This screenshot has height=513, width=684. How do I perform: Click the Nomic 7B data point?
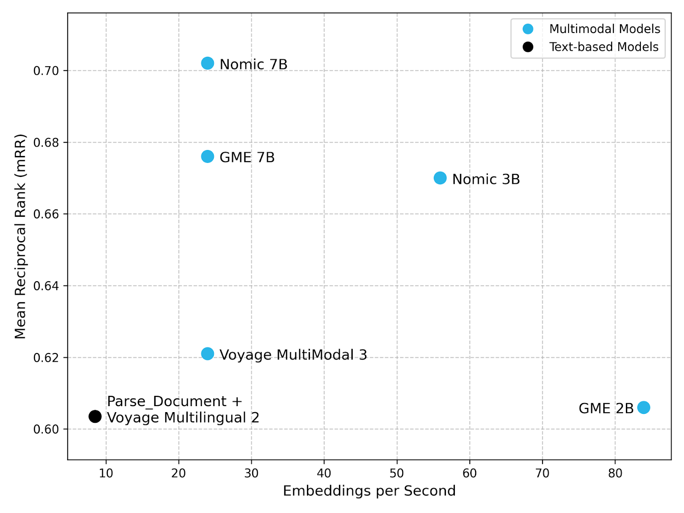(207, 63)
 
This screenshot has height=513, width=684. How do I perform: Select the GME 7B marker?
(207, 156)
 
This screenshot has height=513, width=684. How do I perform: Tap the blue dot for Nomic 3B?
(440, 178)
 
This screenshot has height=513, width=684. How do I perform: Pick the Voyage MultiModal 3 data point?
(207, 354)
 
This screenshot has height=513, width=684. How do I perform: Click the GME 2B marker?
(643, 407)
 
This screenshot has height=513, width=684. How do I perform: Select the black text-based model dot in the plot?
(95, 416)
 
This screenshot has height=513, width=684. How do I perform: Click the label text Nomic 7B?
(253, 65)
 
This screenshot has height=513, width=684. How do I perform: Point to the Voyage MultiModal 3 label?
(293, 355)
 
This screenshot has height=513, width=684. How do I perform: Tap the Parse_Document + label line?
(174, 401)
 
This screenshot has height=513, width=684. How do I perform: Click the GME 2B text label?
(606, 409)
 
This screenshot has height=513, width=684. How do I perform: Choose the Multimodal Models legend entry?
(604, 29)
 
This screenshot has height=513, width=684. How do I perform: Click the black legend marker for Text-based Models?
(528, 47)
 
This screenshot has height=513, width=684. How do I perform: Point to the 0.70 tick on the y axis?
(46, 71)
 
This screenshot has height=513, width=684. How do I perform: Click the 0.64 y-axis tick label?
(46, 286)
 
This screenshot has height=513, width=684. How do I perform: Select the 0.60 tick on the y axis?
(46, 429)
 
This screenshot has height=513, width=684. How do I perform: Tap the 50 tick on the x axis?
(397, 473)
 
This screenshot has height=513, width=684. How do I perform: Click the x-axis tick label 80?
(615, 473)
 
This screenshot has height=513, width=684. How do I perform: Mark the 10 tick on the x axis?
(106, 473)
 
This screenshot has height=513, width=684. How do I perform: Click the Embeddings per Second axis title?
(369, 491)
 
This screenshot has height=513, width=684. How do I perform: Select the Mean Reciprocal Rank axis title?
(20, 236)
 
